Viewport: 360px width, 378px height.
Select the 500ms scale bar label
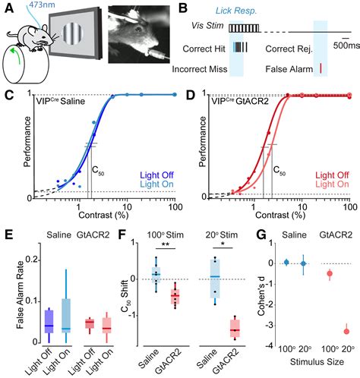pyautogui.click(x=343, y=46)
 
